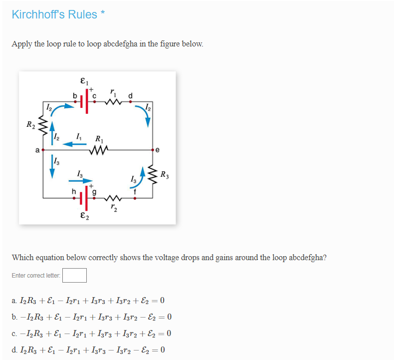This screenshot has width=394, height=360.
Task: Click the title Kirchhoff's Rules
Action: coord(54,14)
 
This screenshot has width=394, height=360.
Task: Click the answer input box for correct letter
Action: coord(74,275)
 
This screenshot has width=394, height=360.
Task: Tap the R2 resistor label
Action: coord(31,124)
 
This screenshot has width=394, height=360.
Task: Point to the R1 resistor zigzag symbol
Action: coord(98,149)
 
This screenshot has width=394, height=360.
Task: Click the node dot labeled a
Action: coord(44,149)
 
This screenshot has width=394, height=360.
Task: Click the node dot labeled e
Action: coord(153,149)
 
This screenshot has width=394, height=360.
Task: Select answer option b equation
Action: coord(92,317)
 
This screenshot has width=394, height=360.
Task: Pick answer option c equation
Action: coord(92,333)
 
